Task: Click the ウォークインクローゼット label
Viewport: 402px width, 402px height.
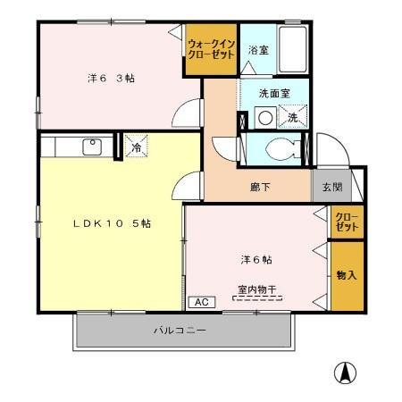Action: click(211, 48)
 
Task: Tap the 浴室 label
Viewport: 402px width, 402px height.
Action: click(258, 50)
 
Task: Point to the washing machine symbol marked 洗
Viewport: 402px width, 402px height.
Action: click(294, 116)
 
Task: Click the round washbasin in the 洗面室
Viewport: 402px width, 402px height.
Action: click(264, 117)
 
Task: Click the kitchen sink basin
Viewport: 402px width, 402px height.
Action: click(92, 147)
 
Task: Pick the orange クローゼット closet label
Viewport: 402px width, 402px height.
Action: click(348, 222)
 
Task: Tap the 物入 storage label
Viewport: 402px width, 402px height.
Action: click(348, 275)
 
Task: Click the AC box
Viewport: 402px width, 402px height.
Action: click(201, 302)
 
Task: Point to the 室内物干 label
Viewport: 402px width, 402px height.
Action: click(257, 289)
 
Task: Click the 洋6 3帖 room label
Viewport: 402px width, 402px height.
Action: click(111, 77)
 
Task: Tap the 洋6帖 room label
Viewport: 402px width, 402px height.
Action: click(256, 259)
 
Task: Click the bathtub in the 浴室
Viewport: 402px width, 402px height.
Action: click(293, 50)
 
